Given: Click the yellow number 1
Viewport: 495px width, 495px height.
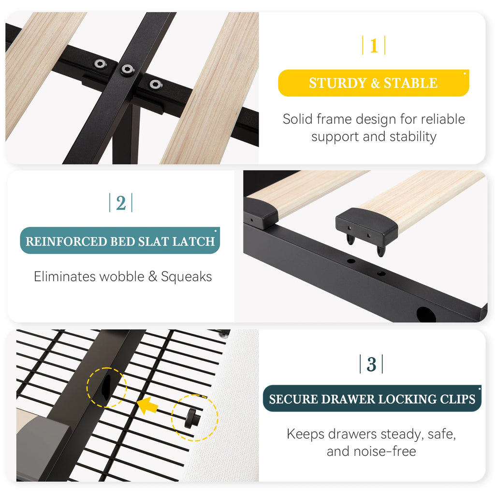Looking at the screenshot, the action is point(374,45).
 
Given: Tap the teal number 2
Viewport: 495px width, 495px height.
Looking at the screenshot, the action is point(121,203).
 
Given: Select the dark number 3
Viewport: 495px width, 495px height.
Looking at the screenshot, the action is point(371,364).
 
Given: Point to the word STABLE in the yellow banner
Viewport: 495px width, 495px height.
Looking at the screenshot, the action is point(410,83).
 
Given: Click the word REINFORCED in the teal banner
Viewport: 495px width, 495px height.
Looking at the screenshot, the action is point(67,242).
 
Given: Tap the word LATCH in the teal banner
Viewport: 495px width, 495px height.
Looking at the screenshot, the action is point(193,242).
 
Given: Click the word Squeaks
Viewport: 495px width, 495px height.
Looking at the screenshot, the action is point(186,277).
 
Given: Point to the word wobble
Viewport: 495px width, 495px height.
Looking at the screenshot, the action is point(121,277).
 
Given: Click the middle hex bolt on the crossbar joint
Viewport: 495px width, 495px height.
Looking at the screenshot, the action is point(127,69).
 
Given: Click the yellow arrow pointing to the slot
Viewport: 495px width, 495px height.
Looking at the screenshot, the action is point(147,406).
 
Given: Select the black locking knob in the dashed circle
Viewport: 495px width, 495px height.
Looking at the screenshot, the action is point(192,418).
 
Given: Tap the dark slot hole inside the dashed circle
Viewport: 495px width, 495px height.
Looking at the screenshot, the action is point(106,387).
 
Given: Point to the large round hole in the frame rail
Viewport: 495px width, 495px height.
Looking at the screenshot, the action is point(426,314).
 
